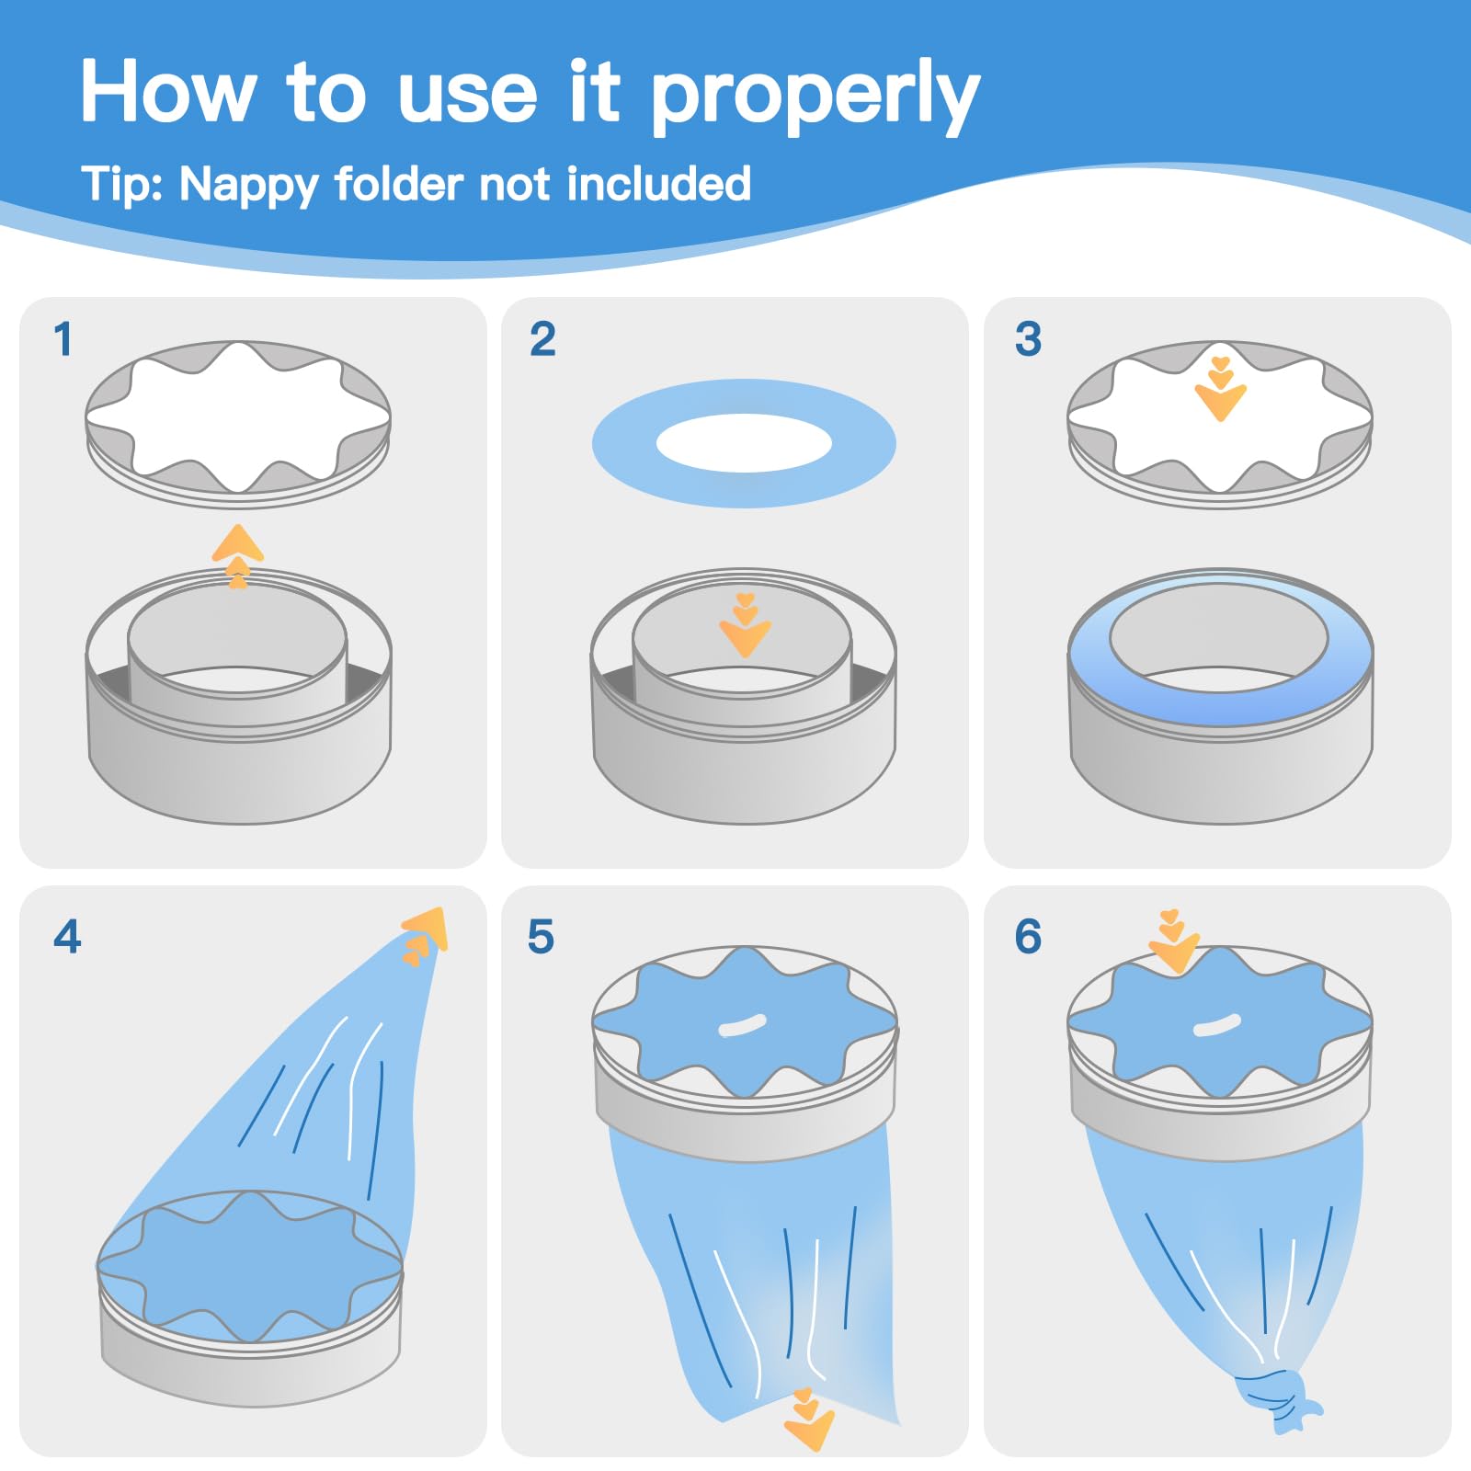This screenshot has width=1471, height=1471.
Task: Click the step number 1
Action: pos(63,339)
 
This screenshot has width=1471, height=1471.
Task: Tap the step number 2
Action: pos(542,339)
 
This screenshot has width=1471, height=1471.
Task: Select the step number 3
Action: pos(1028,339)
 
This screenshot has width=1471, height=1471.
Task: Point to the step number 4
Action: pos(67,937)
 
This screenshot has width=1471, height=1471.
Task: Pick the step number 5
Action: pos(541,937)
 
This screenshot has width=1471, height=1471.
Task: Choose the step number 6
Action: pos(1028,937)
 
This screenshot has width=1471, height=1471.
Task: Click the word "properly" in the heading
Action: pos(815,97)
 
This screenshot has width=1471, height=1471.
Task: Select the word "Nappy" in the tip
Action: pos(248,185)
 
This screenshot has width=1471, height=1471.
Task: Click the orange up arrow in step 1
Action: pos(238,556)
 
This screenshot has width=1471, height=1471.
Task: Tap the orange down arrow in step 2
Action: pos(745,625)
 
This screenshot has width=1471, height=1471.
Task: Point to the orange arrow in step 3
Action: pos(1220,389)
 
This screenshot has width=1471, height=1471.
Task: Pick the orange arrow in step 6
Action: pos(1174,942)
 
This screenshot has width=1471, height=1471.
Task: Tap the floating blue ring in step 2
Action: pos(625,444)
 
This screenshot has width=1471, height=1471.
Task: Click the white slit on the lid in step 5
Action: pos(742,1025)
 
